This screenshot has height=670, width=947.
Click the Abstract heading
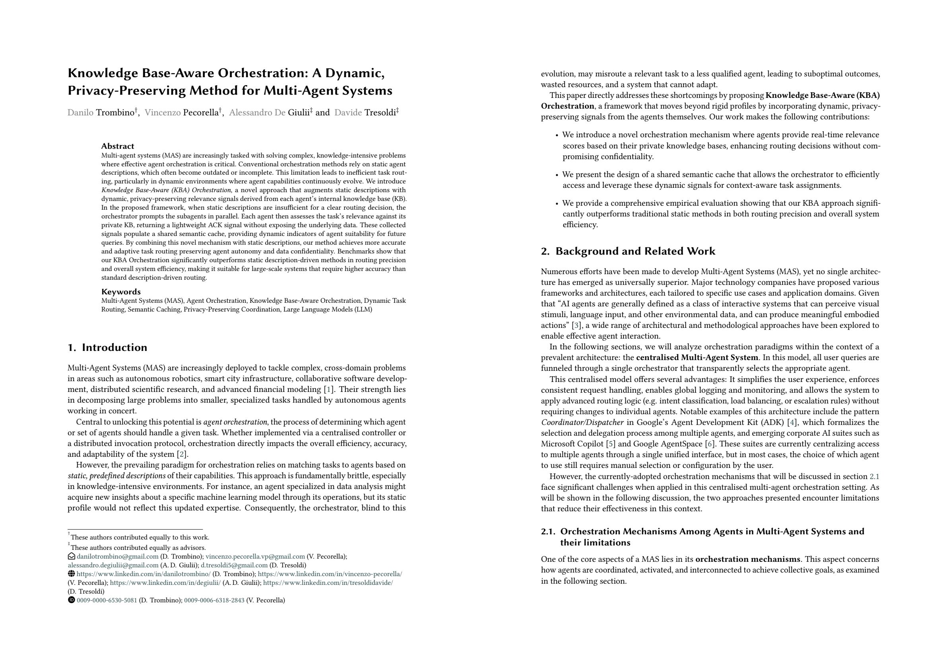pos(118,146)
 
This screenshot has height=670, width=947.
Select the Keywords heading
pos(121,292)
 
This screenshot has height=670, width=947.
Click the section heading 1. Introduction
pos(107,347)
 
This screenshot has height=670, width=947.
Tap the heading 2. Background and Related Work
pos(628,251)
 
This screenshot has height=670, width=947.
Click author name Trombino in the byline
pos(115,113)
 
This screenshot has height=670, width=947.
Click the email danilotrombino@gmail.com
pos(118,557)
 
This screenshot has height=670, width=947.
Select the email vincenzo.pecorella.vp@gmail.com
pos(255,557)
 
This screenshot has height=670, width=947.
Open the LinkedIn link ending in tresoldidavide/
pos(328,583)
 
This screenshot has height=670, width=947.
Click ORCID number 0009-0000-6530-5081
pos(107,600)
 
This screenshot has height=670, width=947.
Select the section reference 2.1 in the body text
pos(874,476)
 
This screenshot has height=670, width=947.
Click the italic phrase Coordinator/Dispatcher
pos(582,422)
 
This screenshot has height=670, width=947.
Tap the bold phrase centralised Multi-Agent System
pos(697,358)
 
